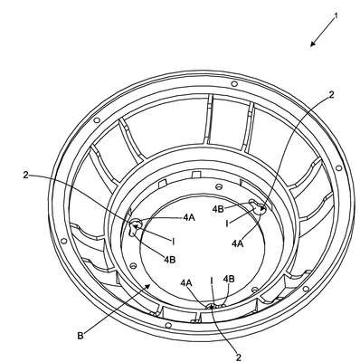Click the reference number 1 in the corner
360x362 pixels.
point(336,16)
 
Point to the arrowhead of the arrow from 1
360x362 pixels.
point(313,44)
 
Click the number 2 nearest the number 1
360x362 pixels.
point(331,95)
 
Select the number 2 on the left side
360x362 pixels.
point(25,175)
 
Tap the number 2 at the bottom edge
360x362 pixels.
point(239,357)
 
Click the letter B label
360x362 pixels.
point(81,336)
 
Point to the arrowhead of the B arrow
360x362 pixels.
point(147,286)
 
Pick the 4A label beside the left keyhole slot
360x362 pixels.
point(189,217)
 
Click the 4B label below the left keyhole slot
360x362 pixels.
point(170,259)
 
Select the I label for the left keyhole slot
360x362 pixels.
point(173,242)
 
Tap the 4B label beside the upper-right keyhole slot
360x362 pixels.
point(218,209)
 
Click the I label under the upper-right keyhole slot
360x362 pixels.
point(227,224)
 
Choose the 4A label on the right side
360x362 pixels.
point(238,243)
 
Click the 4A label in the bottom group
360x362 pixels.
point(186,282)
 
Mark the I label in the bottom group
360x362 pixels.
point(212,281)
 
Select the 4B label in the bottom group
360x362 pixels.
point(229,279)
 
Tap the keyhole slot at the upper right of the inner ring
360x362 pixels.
point(257,205)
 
